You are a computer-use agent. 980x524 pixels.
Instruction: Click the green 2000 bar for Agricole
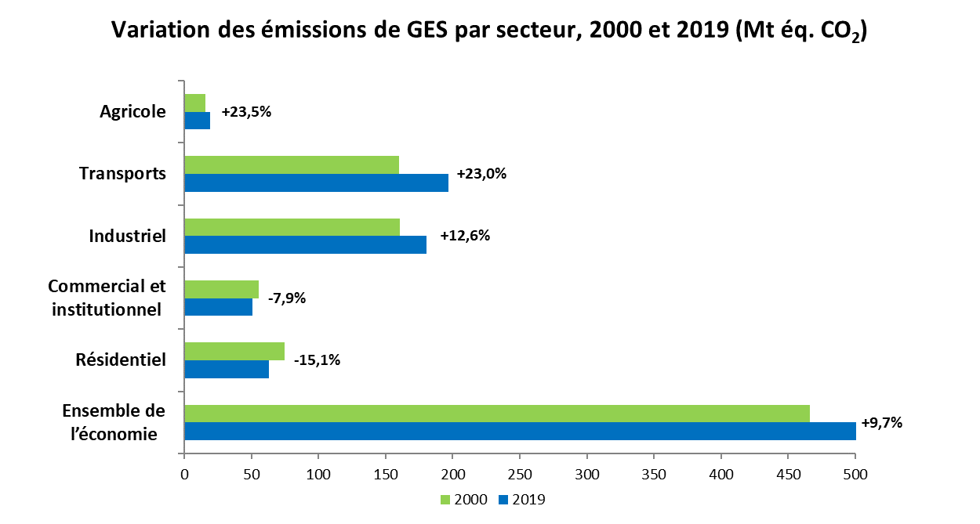click(x=195, y=103)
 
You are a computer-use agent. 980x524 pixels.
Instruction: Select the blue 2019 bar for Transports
click(x=317, y=182)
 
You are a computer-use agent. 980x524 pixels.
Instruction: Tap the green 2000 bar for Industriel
click(x=292, y=227)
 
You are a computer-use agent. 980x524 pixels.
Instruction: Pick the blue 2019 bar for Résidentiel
click(x=227, y=369)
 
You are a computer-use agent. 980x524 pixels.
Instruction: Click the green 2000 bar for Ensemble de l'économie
click(x=497, y=414)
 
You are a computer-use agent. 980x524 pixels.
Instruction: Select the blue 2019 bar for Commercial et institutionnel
click(x=219, y=307)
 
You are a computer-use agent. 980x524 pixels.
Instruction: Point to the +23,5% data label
click(x=246, y=112)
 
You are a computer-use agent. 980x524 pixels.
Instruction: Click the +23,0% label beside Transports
click(x=482, y=174)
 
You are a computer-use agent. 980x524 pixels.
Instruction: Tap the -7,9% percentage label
click(x=286, y=298)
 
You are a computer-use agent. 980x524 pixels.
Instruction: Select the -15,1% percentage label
click(x=318, y=361)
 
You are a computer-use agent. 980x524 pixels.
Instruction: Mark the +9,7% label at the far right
click(x=882, y=423)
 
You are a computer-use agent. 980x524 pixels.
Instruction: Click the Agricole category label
click(x=133, y=112)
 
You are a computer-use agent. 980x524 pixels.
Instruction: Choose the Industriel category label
click(x=128, y=236)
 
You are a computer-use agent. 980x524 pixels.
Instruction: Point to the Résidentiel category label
click(x=121, y=360)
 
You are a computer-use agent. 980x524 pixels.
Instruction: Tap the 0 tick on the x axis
click(x=184, y=474)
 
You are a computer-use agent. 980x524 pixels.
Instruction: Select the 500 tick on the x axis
click(x=855, y=474)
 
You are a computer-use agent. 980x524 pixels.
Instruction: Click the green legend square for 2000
click(x=443, y=499)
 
